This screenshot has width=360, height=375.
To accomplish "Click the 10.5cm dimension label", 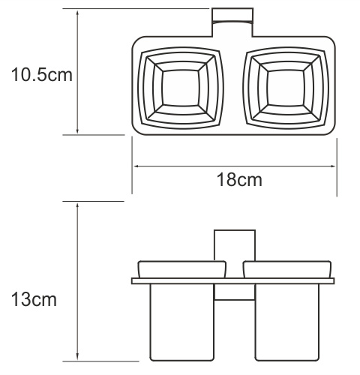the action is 42,74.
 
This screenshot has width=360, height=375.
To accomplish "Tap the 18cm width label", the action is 239,179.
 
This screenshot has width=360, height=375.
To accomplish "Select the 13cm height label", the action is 34,299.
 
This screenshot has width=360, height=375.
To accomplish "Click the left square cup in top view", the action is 181,88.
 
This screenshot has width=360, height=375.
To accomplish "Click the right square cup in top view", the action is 286,88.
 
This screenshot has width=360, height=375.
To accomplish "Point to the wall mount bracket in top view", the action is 232,22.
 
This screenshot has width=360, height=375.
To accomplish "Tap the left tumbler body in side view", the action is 181,322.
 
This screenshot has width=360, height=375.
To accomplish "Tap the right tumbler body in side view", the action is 287,322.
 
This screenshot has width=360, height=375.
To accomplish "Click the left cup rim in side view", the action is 182,269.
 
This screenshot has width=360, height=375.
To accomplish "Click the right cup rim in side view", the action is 287,269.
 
